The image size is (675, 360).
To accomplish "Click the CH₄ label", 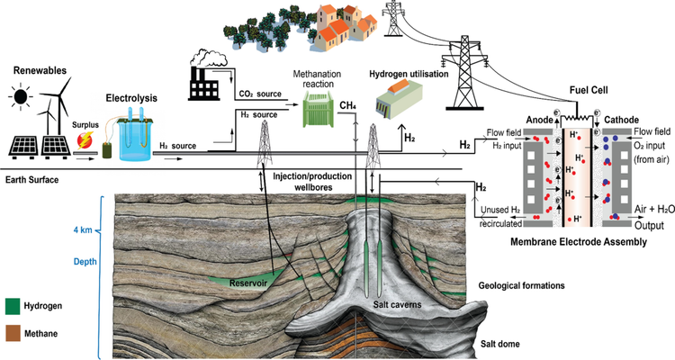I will click(x=348, y=106).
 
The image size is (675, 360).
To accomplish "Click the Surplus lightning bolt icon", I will click(x=89, y=139).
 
